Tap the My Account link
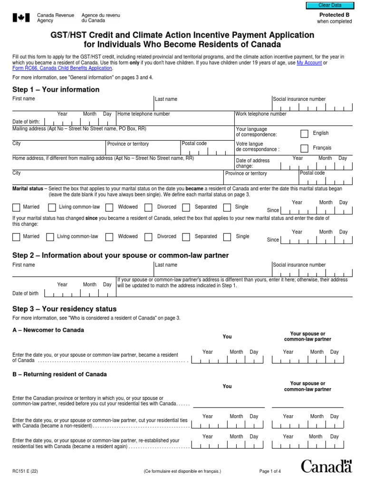tap(309, 63)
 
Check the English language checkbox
tap(305, 134)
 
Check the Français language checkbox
tap(305, 148)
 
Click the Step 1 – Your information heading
tap(56, 89)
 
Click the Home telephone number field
tap(175, 120)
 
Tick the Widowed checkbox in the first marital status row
tap(109, 207)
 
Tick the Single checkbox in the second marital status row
tap(227, 237)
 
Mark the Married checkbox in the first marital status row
tap(16, 207)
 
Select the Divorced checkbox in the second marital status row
tap(148, 237)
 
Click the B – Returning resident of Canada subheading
tap(59, 374)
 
